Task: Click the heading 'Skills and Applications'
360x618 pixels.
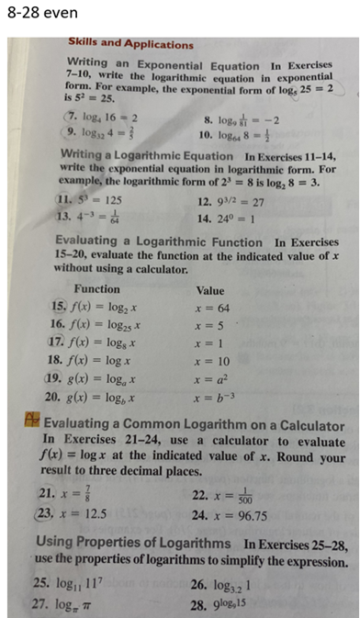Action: coord(131,43)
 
